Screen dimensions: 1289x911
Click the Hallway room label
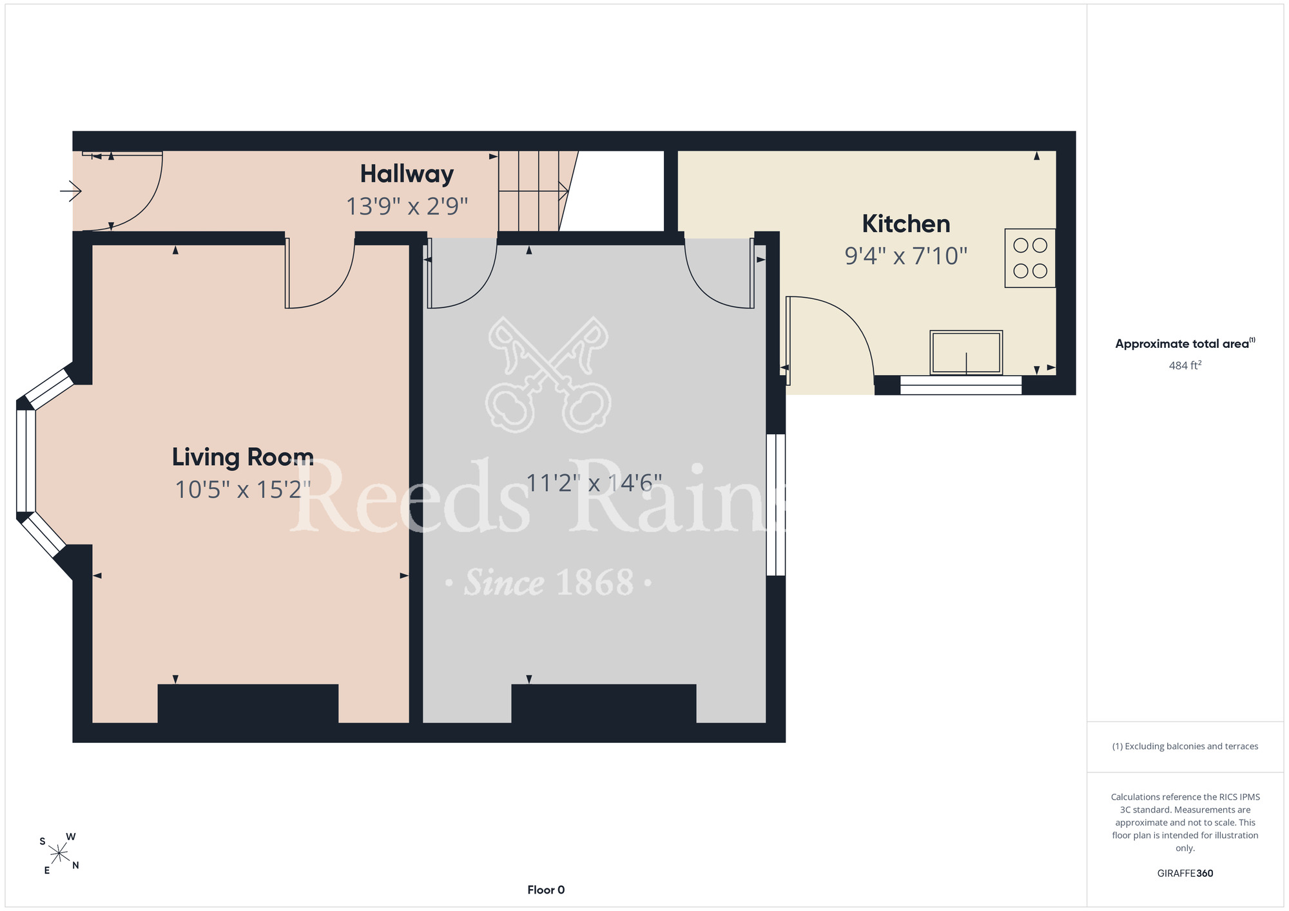[x=407, y=174]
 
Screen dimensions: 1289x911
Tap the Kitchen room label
[x=906, y=224]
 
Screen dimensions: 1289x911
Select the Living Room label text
[x=243, y=457]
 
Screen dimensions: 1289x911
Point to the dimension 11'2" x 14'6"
[x=594, y=483]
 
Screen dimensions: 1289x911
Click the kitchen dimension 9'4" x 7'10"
[x=906, y=256]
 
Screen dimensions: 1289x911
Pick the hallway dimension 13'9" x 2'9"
[x=407, y=206]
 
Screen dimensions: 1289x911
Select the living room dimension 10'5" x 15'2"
[x=243, y=490]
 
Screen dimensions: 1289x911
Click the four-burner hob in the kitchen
[x=1030, y=258]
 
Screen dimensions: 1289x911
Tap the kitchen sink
[x=966, y=352]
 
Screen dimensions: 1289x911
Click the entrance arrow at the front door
[x=71, y=191]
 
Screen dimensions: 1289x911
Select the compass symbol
[x=59, y=854]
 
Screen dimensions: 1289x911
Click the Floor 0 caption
[x=546, y=890]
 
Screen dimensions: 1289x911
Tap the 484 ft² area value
[x=1185, y=365]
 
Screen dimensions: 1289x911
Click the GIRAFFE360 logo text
[x=1185, y=874]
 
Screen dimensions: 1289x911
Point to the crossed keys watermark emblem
[x=548, y=374]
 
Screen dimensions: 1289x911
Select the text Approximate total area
[x=1182, y=344]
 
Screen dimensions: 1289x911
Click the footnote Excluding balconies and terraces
[x=1185, y=746]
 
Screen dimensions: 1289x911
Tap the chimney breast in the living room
[x=248, y=704]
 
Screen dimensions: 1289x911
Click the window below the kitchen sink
[x=961, y=385]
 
